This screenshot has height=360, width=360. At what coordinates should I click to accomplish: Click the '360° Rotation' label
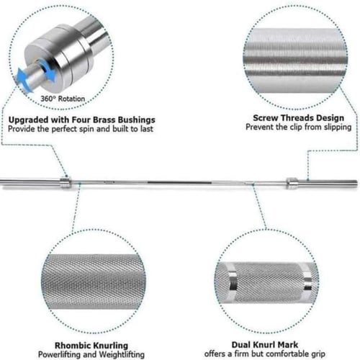tap(63, 99)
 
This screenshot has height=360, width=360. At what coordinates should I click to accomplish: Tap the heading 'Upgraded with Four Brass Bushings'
tap(82, 120)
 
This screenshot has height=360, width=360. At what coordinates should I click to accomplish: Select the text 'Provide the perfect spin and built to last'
tap(81, 129)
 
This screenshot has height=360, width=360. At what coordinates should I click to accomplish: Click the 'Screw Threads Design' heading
tap(298, 118)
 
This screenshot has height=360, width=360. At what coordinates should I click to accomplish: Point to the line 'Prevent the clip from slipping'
tap(299, 127)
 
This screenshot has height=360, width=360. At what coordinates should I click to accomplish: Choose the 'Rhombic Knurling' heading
tap(91, 346)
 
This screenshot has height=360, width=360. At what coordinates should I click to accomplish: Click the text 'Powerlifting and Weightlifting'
tap(91, 354)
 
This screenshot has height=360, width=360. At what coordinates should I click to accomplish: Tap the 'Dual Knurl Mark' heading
tap(265, 345)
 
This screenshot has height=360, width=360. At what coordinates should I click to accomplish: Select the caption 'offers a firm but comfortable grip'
tap(265, 354)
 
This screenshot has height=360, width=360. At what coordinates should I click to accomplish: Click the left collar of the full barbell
tap(65, 182)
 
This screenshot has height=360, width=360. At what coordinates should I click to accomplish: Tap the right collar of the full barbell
tap(292, 183)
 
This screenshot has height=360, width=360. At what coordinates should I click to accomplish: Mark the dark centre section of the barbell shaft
tap(179, 183)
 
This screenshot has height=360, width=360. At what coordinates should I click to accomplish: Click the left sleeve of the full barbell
tap(30, 181)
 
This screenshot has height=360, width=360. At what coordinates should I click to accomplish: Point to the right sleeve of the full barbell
tap(328, 183)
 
